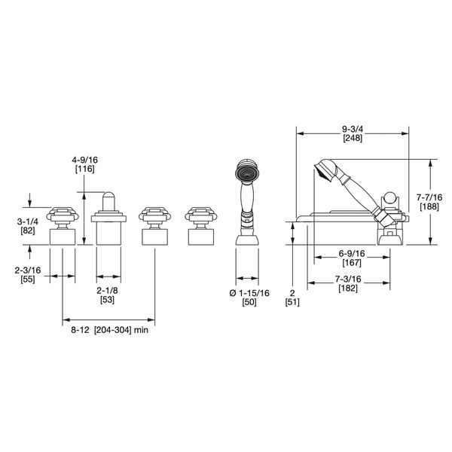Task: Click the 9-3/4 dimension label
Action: tap(353, 129)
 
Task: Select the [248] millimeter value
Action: tap(353, 138)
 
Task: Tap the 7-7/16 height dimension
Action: tap(429, 197)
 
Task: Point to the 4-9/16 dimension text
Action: tap(84, 160)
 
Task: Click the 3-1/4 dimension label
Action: tap(27, 221)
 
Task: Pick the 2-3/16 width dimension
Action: tap(28, 270)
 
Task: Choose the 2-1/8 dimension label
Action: tap(107, 291)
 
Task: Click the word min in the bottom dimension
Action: tap(141, 330)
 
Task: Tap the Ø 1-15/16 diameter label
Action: tap(249, 293)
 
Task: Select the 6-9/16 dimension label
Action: tap(352, 254)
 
